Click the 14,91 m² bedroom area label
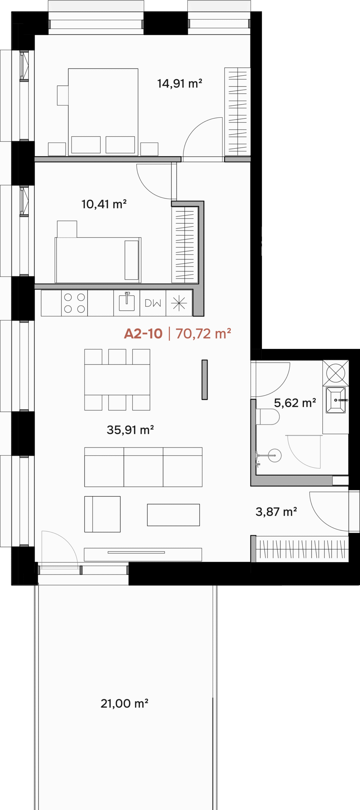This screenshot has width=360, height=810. [x=180, y=84]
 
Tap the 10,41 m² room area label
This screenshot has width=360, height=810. [x=104, y=204]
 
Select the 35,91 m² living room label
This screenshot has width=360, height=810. [x=130, y=430]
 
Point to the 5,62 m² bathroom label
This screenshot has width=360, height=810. [x=295, y=403]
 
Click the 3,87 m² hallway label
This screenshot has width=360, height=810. [x=276, y=512]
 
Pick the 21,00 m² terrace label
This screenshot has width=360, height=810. [x=124, y=703]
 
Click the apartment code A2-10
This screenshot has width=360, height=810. [x=143, y=333]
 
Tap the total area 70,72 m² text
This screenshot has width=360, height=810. [x=203, y=333]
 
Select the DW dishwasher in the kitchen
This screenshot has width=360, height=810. [x=153, y=303]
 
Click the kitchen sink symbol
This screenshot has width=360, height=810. [x=127, y=302]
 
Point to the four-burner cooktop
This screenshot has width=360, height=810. [x=74, y=303]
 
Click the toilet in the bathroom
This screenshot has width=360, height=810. [x=268, y=417]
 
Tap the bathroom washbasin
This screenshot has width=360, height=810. [x=336, y=400]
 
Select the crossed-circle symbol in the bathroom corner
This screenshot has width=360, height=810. [x=336, y=373]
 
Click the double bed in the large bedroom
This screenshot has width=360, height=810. [x=103, y=112]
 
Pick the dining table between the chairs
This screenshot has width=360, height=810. [x=117, y=380]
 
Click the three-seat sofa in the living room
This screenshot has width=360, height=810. [x=143, y=467]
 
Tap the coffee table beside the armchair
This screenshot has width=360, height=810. [x=173, y=515]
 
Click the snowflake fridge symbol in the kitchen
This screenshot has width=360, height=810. [x=179, y=303]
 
